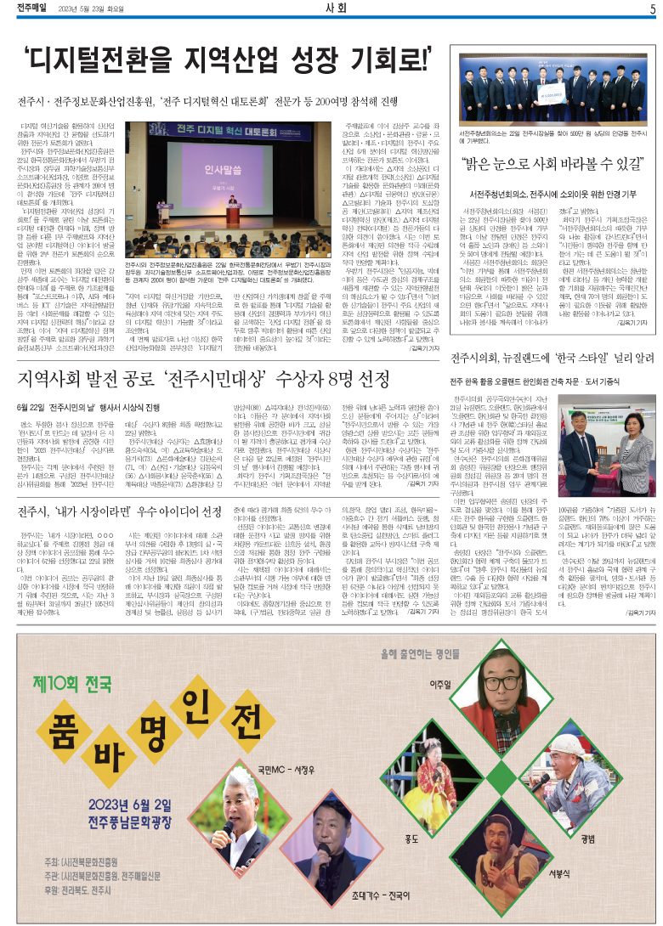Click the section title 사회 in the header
click(x=334, y=9)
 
